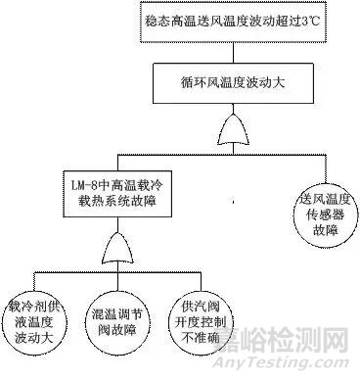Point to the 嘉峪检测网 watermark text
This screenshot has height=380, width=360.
tap(293, 344)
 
